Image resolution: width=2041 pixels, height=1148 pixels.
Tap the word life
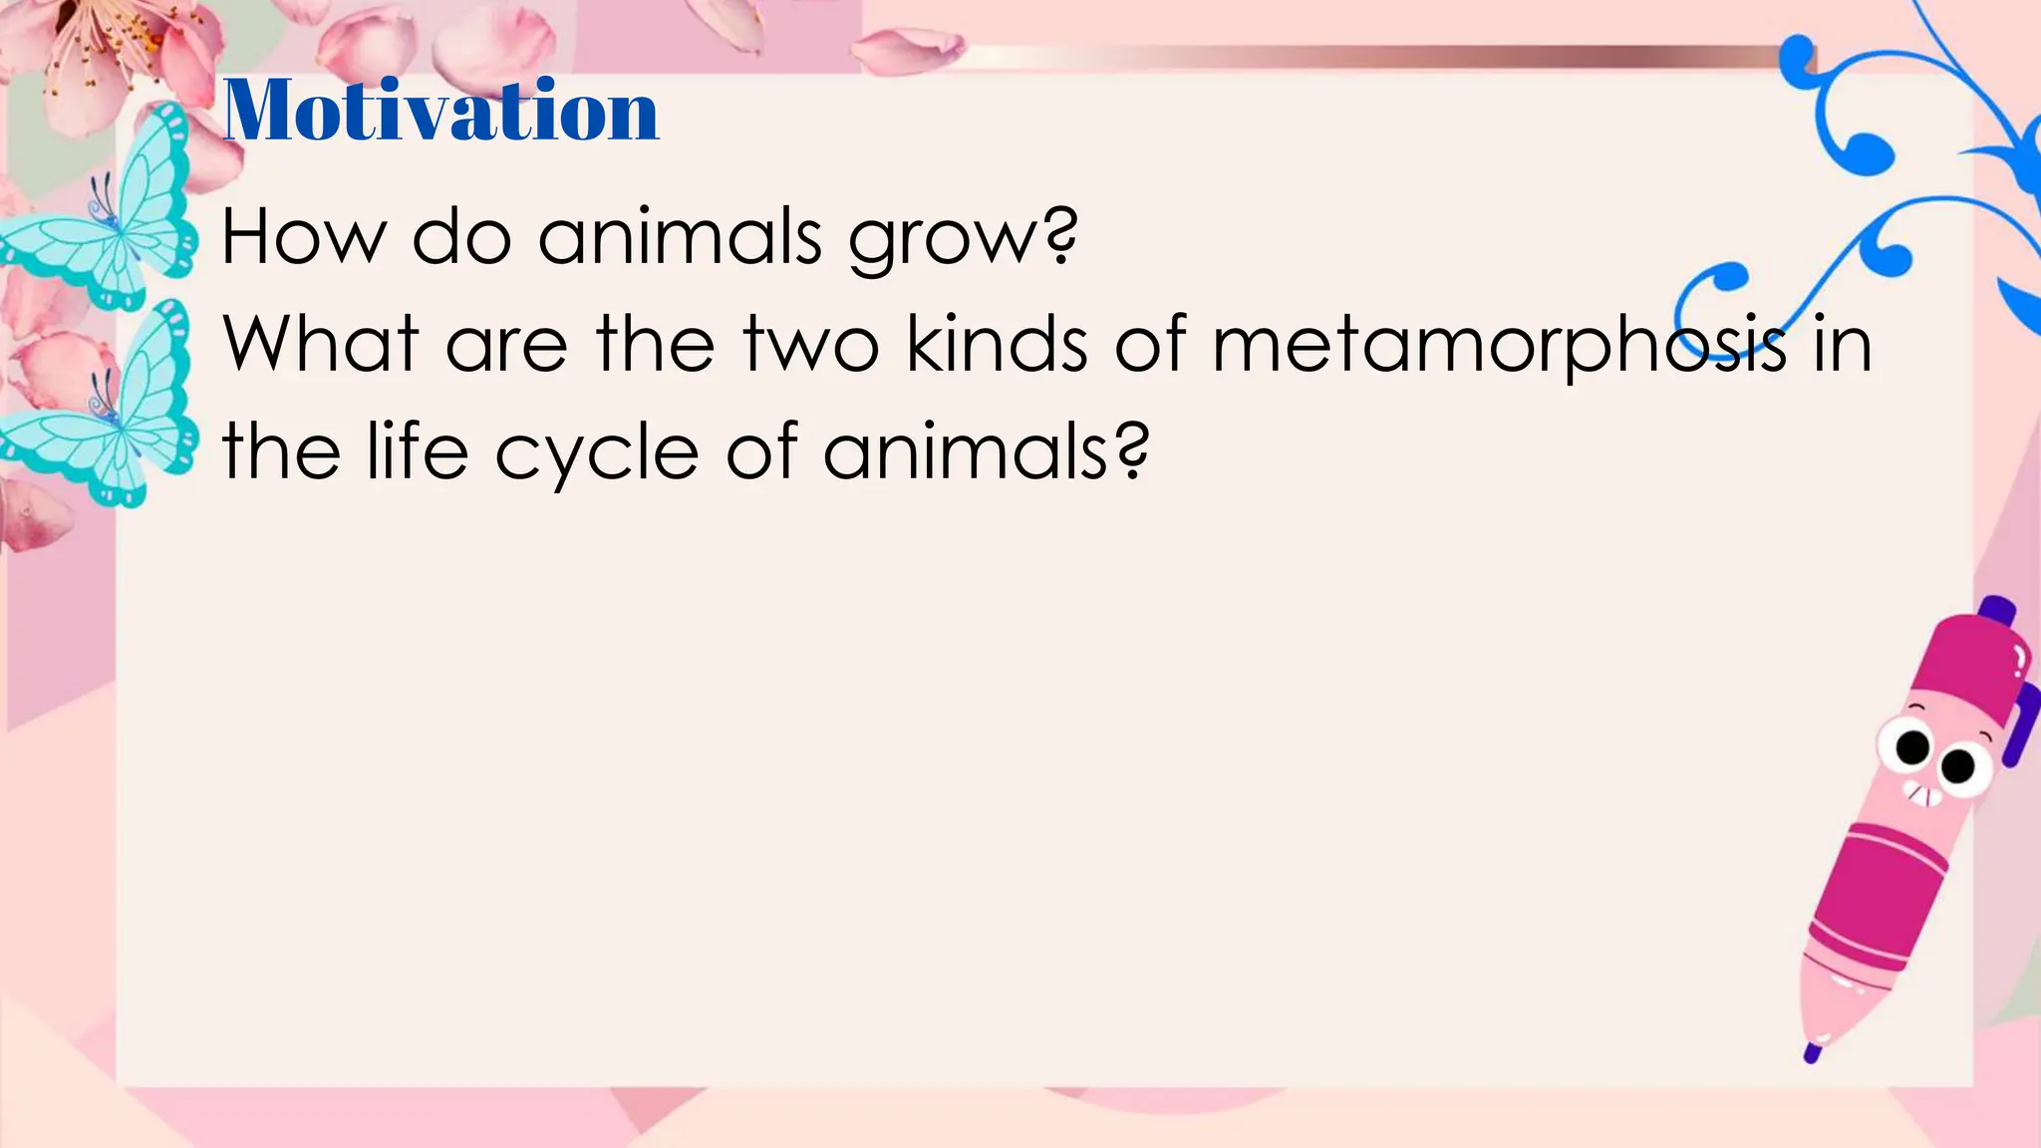click(417, 450)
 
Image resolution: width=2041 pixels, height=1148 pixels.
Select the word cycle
click(597, 454)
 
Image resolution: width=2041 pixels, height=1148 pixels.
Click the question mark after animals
click(1132, 450)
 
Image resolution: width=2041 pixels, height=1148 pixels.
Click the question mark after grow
click(1062, 237)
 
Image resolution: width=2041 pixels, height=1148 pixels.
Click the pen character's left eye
click(1911, 745)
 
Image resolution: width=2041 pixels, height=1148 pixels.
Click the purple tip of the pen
click(1812, 1052)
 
